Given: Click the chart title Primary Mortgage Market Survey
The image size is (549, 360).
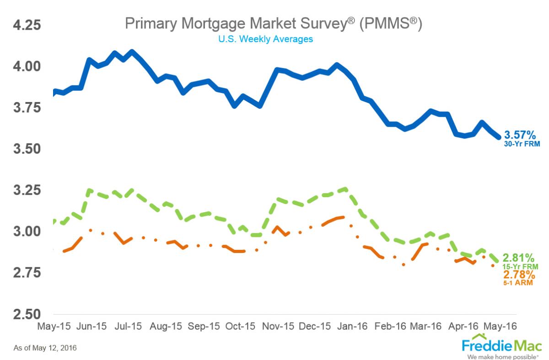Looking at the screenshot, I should coord(273,24).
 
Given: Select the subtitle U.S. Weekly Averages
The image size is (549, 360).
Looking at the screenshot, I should coord(265,39).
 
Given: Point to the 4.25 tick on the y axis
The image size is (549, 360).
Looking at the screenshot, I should coord(27,25).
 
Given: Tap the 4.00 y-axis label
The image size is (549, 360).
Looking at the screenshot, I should coord(27,66).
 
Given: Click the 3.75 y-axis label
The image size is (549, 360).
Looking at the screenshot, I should coord(27,107).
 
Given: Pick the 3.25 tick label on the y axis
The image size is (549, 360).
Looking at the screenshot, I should coord(27,190).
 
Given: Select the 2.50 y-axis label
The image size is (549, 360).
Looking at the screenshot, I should coord(27,314).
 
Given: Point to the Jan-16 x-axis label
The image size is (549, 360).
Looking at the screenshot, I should coord(353,327).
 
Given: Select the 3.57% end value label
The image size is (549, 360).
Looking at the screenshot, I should coord(519,135).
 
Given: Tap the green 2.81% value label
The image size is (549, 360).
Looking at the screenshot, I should coord(519,258).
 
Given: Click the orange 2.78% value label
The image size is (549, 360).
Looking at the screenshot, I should coord(519,275).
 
